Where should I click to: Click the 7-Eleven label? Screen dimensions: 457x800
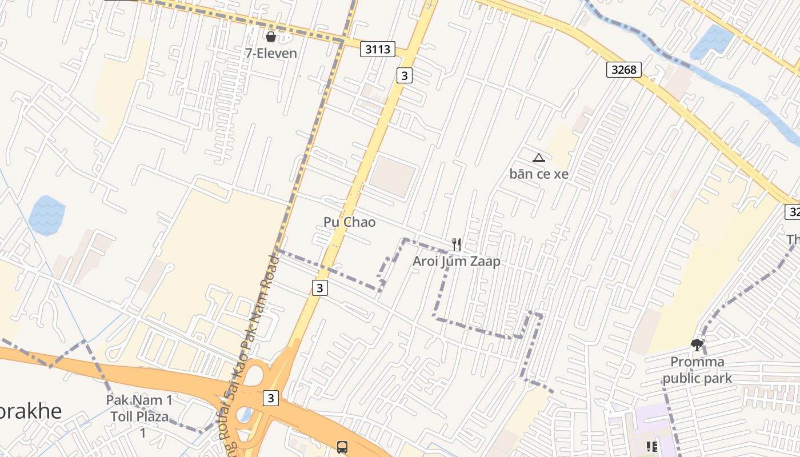(271, 53)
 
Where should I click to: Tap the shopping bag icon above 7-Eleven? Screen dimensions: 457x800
(271, 37)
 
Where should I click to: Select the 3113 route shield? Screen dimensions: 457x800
(378, 49)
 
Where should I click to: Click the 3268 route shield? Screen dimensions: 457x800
(624, 70)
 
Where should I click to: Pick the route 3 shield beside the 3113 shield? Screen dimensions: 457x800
(405, 75)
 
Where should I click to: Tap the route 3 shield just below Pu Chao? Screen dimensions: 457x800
(320, 288)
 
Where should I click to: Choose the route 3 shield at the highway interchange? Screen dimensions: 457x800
(271, 398)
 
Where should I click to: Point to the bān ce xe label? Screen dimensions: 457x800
(539, 174)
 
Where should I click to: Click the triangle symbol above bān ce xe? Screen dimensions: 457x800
(538, 158)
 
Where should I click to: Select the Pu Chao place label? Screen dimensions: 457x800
(349, 222)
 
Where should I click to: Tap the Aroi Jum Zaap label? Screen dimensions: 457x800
(457, 261)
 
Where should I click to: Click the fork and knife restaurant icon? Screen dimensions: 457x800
(457, 244)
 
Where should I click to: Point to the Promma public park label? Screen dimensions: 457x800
(697, 370)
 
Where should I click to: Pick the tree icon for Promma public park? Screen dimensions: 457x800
(697, 344)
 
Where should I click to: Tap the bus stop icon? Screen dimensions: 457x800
(342, 447)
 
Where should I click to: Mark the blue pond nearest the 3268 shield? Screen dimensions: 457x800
(711, 42)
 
